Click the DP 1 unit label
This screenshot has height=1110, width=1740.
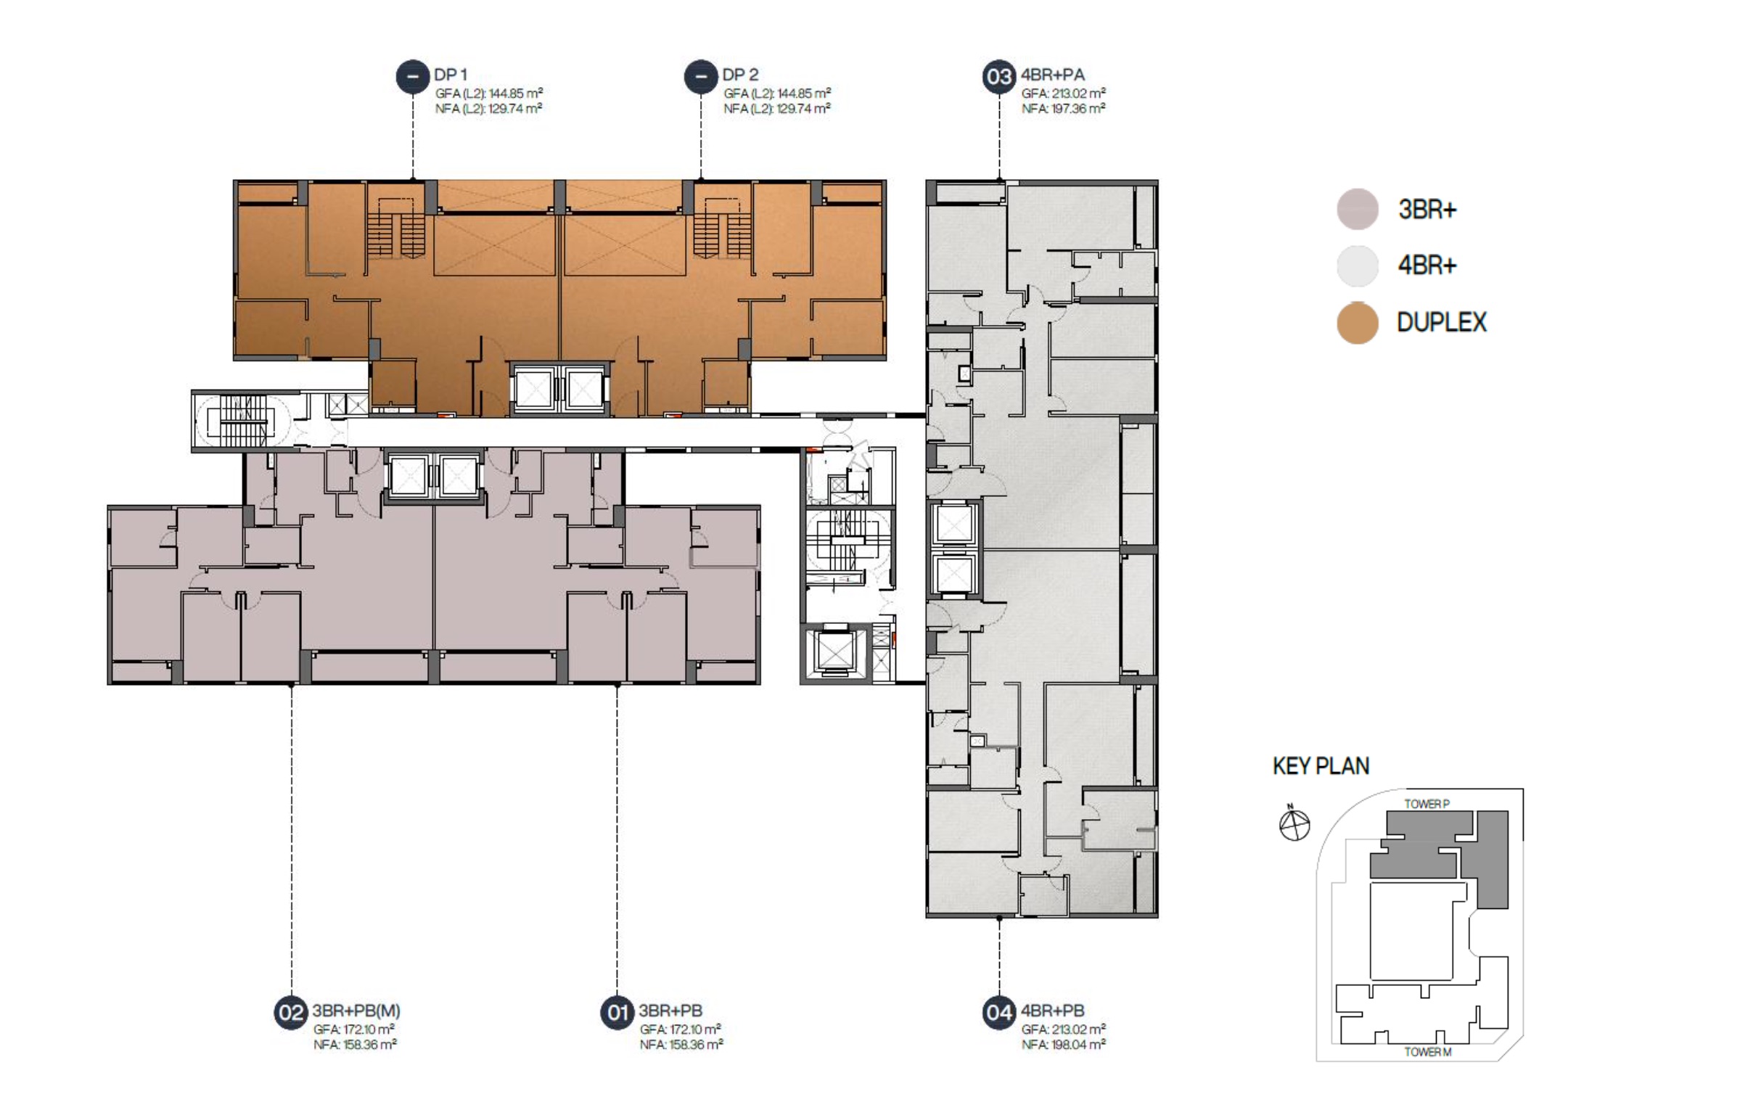(451, 75)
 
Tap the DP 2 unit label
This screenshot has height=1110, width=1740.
(740, 75)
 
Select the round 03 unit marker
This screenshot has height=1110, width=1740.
(999, 76)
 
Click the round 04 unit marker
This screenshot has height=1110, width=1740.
(999, 1012)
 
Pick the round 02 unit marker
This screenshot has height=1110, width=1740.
(291, 1012)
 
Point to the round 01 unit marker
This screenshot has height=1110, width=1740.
(617, 1012)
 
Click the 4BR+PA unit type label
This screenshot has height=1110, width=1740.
(1053, 75)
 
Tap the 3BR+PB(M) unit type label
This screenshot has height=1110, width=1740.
(356, 1011)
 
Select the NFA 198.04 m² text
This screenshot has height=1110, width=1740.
(1064, 1045)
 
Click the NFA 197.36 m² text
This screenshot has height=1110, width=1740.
(1064, 109)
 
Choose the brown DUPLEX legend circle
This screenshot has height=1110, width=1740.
(1358, 323)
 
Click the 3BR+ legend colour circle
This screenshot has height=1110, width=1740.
(1358, 210)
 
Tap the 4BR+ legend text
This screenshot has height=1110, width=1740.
(1427, 266)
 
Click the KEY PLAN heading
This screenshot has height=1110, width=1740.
(1321, 766)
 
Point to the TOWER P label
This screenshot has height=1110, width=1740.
(1427, 804)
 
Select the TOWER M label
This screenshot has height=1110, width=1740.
(1427, 1052)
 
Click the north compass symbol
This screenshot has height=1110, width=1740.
(1294, 824)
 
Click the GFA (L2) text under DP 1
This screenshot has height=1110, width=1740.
(489, 94)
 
